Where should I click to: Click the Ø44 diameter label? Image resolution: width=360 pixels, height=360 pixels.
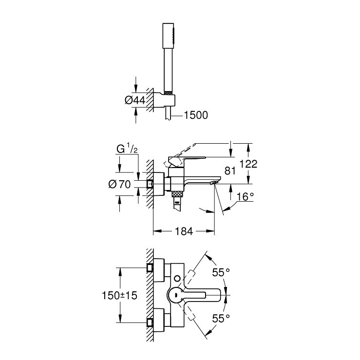tap(135, 100)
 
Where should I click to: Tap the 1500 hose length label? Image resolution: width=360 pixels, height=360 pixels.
tap(196, 115)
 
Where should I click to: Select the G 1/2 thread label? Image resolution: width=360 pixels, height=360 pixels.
tap(127, 149)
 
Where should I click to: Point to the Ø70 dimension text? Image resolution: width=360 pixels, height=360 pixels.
tap(119, 184)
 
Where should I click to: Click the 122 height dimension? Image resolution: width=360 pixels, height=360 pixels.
tap(248, 164)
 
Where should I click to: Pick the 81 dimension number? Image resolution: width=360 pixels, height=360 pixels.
tap(230, 171)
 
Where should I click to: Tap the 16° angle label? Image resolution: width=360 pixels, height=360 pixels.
tap(245, 196)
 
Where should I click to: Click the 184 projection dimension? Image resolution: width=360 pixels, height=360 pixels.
tap(184, 231)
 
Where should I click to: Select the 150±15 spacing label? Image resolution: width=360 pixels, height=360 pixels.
tap(119, 295)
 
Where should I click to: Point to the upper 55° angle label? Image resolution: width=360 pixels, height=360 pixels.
tap(221, 272)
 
